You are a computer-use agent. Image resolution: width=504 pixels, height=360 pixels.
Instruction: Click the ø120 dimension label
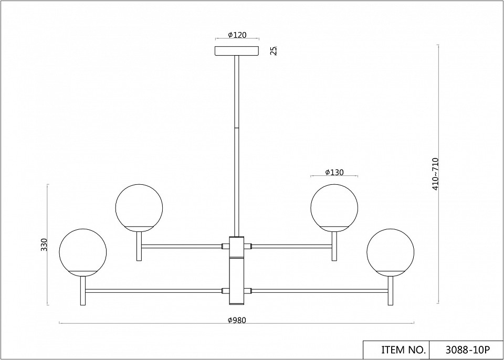point(237,35)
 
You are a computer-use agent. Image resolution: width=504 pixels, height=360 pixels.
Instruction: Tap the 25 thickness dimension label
point(274,51)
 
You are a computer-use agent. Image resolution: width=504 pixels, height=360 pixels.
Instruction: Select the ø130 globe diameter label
point(334,172)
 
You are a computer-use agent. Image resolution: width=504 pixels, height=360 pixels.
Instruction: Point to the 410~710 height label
point(435,174)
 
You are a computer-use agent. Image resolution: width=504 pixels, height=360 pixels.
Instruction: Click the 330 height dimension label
point(44,245)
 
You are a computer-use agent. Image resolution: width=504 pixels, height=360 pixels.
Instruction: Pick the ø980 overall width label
point(237,320)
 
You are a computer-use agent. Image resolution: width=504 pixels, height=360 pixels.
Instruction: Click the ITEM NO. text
point(403,350)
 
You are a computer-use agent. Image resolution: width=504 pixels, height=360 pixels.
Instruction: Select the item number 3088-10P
point(467,350)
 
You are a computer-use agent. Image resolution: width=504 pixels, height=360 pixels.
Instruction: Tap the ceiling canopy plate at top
point(237,51)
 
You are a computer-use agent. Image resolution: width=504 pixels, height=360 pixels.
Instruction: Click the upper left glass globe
point(139,208)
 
